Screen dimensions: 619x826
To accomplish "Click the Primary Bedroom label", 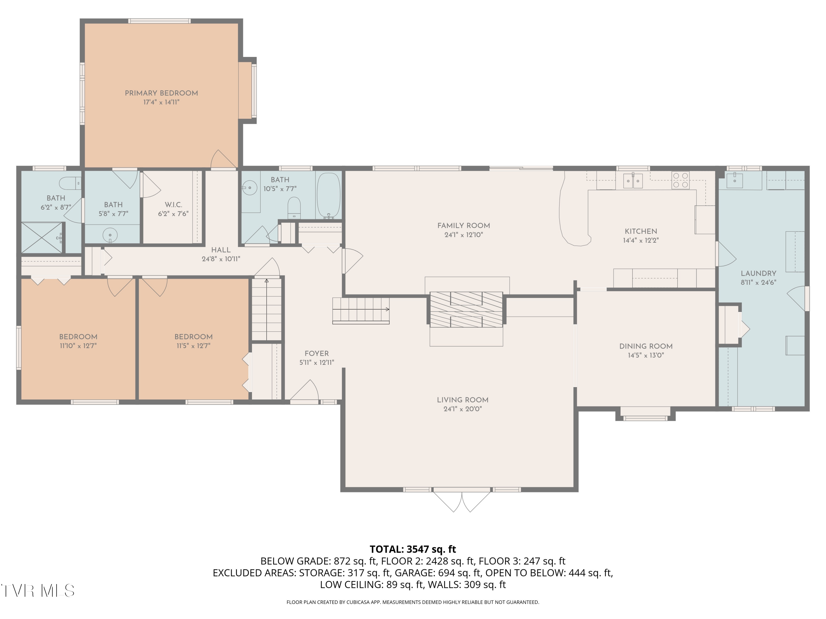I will (x=161, y=93).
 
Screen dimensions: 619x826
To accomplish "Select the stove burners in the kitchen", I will (x=680, y=180).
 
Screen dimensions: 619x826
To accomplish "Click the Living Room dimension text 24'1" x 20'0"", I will (x=462, y=409).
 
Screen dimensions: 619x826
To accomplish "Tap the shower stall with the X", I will (x=42, y=238).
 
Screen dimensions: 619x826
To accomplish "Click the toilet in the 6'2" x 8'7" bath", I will (x=69, y=183).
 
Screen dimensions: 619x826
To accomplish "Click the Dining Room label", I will (x=646, y=346).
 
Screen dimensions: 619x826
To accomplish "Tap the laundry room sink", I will (x=734, y=180).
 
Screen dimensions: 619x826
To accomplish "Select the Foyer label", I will (x=316, y=353).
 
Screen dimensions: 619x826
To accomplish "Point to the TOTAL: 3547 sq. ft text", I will (x=413, y=549).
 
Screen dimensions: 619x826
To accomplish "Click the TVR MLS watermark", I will (x=37, y=591).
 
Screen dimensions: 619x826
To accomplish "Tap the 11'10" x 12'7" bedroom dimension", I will (x=78, y=346).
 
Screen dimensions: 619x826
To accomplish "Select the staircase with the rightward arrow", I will (x=361, y=310).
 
